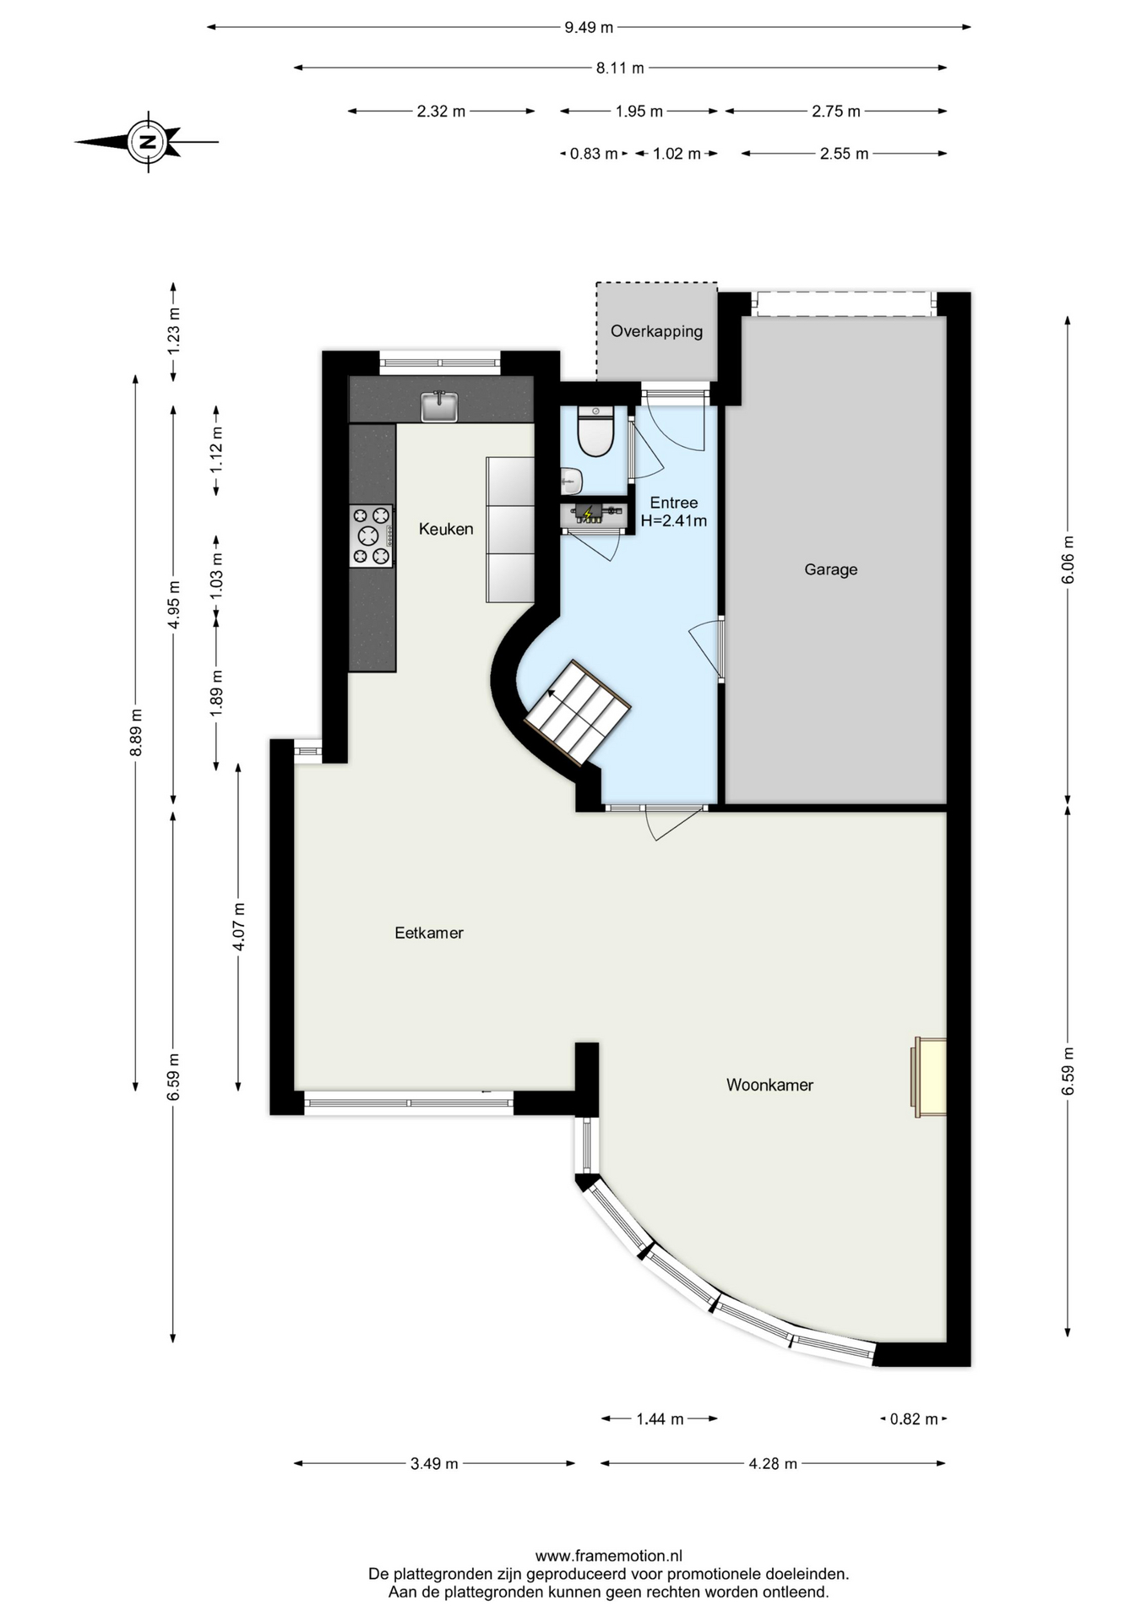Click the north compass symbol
coord(149,142)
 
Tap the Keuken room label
coord(446,529)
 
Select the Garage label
coord(830,569)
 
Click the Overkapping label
coord(656,331)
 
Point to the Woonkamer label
coord(769,1085)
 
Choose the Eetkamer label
coord(429,933)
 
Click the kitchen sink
coord(439,406)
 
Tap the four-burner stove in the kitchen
coord(372,536)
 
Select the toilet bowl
coord(595,431)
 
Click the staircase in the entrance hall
coord(578,712)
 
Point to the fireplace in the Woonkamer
coord(928,1077)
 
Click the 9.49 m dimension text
coord(589,27)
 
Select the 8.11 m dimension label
coord(620,68)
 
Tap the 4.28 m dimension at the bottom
coord(773,1463)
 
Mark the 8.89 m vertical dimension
coord(136,733)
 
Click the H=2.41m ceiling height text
coord(674,520)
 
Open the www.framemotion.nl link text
coord(608,1555)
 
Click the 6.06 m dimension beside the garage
coord(1068,559)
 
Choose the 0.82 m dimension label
coord(914,1419)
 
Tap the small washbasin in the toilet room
coord(571,481)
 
